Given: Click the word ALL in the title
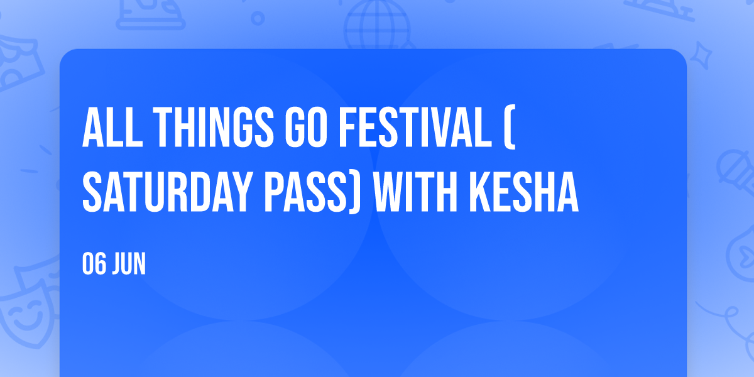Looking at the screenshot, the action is pos(112,127).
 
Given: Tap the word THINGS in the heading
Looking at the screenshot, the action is pos(213,127).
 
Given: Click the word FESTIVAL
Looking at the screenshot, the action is pos(415,127).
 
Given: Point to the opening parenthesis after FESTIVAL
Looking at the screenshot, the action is pos(509,127).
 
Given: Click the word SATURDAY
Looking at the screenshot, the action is pos(167,192).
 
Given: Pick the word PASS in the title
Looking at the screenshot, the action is pos(305,192).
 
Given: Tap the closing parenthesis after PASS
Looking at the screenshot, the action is pos(354,192).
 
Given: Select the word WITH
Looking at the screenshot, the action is pos(415,192).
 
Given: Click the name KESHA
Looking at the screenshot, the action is pos(524,192).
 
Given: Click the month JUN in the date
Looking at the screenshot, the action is pos(129,263).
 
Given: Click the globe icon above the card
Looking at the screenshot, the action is pos(377,24).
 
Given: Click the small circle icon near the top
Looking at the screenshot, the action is pos(258,18).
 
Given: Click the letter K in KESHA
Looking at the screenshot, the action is pos(481,192).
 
